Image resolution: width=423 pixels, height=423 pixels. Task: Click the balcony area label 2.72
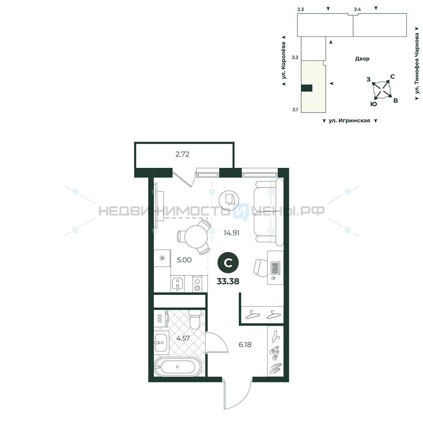click(x=182, y=154)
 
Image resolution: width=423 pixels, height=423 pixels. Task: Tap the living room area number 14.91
click(x=231, y=233)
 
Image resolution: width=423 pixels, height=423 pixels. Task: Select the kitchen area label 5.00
click(x=184, y=260)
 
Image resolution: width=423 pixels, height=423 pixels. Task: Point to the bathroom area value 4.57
click(x=183, y=338)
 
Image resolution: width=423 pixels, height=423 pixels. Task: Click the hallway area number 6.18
click(x=245, y=344)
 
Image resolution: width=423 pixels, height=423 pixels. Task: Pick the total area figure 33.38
click(x=228, y=281)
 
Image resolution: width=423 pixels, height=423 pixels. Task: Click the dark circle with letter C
click(x=228, y=263)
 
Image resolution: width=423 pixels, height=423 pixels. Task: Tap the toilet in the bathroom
click(x=195, y=319)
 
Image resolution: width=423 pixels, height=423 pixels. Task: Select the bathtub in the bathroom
click(x=178, y=367)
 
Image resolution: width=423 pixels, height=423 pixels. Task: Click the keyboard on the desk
click(x=275, y=268)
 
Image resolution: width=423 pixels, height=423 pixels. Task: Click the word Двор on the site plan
click(x=362, y=59)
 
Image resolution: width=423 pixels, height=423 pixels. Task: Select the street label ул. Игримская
click(x=349, y=121)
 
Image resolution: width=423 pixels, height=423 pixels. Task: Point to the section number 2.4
click(x=357, y=9)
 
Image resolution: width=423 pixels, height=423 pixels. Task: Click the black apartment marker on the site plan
click(x=307, y=88)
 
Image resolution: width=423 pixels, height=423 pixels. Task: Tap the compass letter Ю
click(x=374, y=104)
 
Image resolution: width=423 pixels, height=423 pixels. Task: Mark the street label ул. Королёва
click(x=283, y=60)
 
